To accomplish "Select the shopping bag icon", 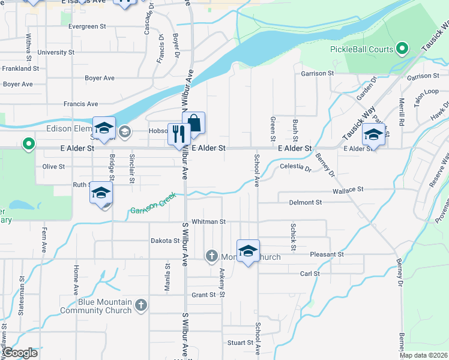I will point(194,122).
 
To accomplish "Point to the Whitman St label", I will point(208,221).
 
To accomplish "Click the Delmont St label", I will point(305,203).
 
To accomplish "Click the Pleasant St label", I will point(327,254).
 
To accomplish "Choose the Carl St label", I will point(310,274).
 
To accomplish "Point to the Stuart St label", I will point(240,343).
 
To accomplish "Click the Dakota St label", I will point(165,241).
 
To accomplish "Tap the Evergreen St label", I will point(87,26).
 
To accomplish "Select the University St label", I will point(55,52).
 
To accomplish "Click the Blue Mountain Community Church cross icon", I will point(140,305).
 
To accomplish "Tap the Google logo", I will point(20,353).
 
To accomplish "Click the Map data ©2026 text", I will point(423,355).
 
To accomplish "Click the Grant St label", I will point(203,295).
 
